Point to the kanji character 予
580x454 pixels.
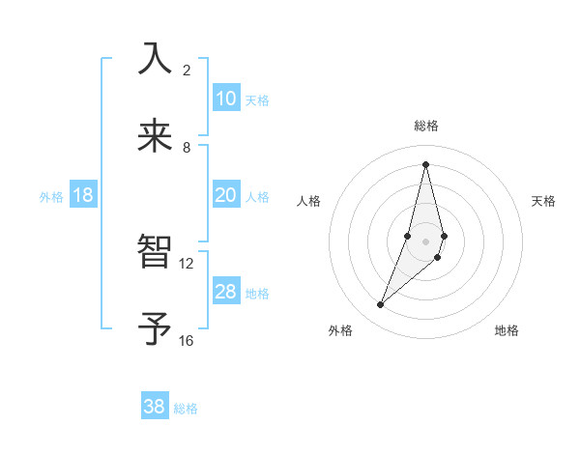[155, 329]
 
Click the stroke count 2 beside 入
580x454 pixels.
[187, 71]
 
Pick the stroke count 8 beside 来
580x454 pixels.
[187, 148]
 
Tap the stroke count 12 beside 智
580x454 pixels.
[187, 264]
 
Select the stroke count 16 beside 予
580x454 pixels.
[187, 341]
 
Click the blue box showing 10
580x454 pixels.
[226, 99]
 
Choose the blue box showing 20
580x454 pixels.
[226, 195]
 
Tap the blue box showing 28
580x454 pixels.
[226, 292]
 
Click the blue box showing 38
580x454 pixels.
[155, 407]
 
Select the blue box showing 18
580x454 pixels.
[83, 195]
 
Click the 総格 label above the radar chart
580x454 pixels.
[426, 126]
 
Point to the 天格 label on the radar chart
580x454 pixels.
[544, 201]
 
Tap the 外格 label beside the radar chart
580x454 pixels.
[340, 330]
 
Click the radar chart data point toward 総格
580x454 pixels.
[425, 163]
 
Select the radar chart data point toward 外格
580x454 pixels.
[380, 305]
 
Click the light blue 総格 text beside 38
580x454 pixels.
[186, 409]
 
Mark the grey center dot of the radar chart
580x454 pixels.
[425, 241]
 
